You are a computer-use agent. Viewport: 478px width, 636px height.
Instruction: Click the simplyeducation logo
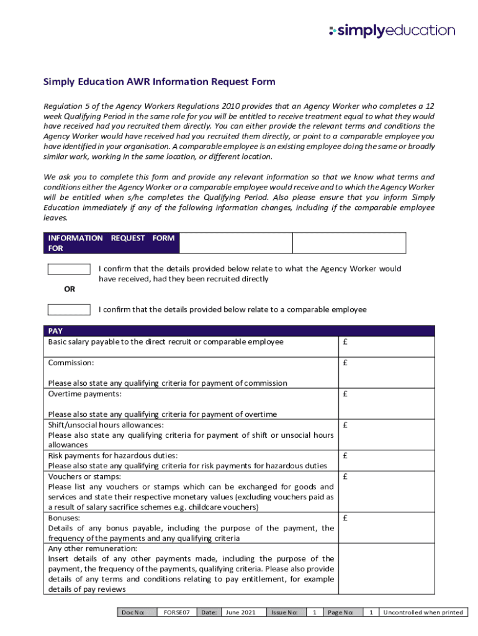[x=392, y=30]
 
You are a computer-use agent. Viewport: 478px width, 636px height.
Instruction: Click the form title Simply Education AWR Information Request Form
[x=159, y=82]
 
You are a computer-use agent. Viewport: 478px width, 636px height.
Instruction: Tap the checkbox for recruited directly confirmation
[x=69, y=269]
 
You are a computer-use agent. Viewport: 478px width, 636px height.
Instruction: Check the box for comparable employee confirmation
[x=69, y=309]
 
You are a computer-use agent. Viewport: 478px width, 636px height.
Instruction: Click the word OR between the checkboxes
[x=70, y=289]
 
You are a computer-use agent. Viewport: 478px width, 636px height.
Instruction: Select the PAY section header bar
[x=238, y=331]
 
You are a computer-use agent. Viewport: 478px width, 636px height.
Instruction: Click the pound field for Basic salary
[x=386, y=347]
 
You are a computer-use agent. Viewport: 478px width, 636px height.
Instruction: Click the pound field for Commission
[x=386, y=373]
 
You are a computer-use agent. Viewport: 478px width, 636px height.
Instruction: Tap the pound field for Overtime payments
[x=386, y=404]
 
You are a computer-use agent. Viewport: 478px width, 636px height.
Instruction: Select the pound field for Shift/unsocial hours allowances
[x=386, y=435]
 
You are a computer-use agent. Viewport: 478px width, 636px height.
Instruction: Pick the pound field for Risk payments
[x=386, y=460]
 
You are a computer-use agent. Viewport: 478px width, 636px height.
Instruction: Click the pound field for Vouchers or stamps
[x=386, y=491]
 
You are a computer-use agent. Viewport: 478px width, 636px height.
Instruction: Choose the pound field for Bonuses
[x=386, y=527]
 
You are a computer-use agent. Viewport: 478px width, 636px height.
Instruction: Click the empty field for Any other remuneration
[x=386, y=569]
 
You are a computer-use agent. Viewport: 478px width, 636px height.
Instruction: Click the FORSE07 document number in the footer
[x=176, y=612]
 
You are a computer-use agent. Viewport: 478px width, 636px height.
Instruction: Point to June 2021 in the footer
[x=240, y=612]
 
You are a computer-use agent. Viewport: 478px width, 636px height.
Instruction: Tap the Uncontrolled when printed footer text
[x=423, y=612]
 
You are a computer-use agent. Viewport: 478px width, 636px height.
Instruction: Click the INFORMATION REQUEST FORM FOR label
[x=111, y=243]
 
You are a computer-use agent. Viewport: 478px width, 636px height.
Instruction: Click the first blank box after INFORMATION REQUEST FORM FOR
[x=236, y=243]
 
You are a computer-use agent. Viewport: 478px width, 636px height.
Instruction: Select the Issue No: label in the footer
[x=285, y=612]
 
